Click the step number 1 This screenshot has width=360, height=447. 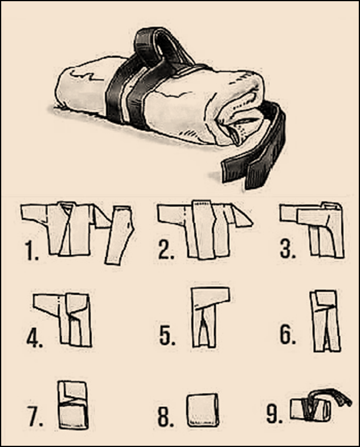(30, 251)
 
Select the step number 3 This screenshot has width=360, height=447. (288, 249)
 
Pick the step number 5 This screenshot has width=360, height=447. (167, 336)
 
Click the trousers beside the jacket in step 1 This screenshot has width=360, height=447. (120, 233)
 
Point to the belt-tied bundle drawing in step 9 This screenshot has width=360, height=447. (314, 406)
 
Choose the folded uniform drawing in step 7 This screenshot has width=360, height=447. (72, 405)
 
